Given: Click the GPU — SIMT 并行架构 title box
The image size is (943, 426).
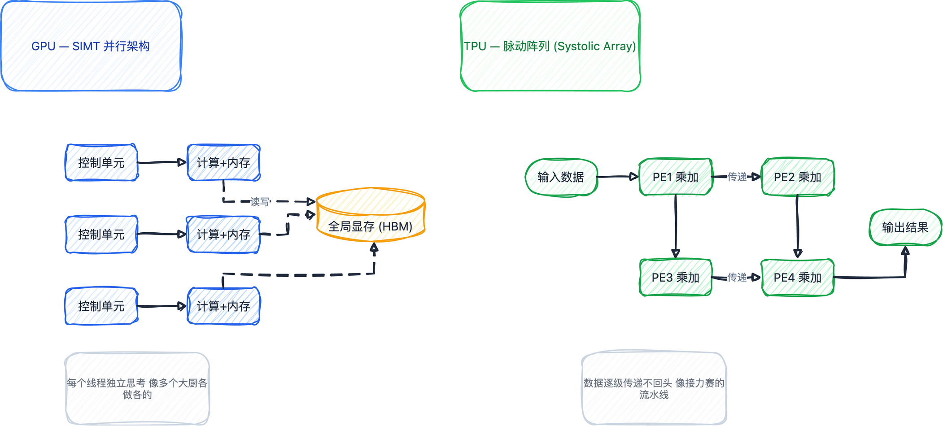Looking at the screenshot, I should click(91, 46).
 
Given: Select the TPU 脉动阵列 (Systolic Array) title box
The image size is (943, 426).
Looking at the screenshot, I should click(550, 46).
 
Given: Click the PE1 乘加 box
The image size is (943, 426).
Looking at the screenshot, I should click(676, 177).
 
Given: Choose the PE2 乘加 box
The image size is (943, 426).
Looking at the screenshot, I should click(798, 177).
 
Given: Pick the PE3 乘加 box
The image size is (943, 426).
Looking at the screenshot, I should click(676, 278).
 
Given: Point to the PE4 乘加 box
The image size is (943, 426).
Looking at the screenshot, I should click(798, 278).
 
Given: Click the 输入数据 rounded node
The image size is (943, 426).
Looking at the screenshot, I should click(561, 177).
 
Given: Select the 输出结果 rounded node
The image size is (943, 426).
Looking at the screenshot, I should click(905, 227).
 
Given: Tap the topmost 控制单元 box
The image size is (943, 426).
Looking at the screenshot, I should click(101, 163).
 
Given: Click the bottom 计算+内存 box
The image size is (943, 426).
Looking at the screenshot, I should click(223, 306).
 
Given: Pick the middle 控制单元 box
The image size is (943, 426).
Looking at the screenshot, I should click(101, 235).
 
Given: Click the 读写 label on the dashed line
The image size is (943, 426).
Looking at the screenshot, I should click(260, 202).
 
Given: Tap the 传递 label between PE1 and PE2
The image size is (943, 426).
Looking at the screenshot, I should click(737, 177).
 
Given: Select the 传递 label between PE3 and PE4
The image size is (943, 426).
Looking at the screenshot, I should click(737, 278).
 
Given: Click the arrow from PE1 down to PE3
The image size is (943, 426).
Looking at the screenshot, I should click(676, 226).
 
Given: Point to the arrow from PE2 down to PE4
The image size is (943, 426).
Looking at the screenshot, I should click(798, 226).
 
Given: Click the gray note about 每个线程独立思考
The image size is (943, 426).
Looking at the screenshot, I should click(137, 388).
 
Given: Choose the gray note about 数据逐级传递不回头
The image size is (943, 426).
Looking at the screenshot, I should click(654, 388).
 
